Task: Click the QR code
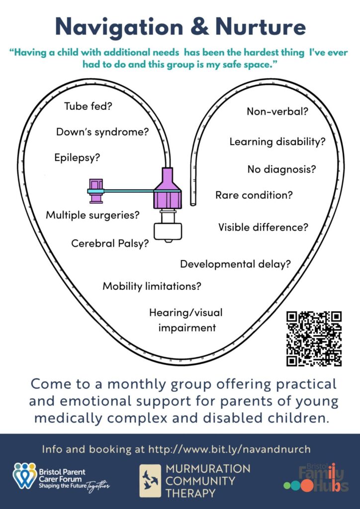point(314,339)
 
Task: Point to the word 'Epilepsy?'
point(77,158)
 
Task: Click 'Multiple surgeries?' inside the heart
point(92,215)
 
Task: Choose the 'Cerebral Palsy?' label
point(110,244)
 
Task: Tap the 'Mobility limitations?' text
point(152,286)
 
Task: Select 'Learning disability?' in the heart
point(277,142)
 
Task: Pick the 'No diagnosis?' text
point(281,169)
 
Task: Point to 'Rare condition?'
point(254,195)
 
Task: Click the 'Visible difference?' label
point(263,227)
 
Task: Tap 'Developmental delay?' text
point(235,264)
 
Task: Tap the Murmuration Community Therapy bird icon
point(150,481)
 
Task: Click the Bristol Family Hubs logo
point(316,478)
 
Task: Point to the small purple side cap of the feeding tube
point(95,191)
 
